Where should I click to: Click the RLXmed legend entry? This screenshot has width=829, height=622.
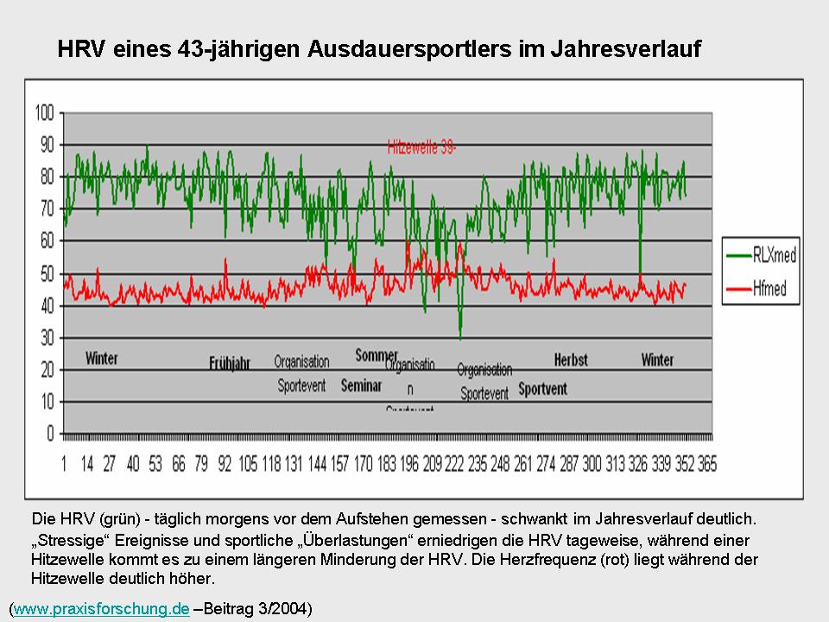coord(774,255)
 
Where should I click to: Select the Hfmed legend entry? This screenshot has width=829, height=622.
coord(768,289)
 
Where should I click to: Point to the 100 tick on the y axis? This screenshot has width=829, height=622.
coord(44,112)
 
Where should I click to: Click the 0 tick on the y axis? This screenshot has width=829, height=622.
coord(50,434)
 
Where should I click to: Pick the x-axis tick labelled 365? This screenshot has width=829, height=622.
coord(706,465)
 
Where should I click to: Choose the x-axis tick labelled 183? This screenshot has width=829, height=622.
coord(387,465)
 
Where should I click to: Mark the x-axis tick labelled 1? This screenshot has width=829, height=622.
coord(64,465)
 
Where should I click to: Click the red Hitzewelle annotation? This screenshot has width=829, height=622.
coord(421,148)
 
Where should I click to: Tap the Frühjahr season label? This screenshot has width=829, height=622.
coord(230,364)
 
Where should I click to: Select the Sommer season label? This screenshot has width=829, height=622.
coord(377,355)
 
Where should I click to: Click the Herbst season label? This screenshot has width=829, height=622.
coord(571,359)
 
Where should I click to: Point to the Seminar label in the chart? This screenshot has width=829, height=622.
coord(361,386)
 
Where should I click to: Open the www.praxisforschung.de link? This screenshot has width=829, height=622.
coord(101,609)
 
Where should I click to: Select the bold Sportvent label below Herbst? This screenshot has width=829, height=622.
coord(542,389)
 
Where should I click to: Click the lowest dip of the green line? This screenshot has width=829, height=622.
coord(460,338)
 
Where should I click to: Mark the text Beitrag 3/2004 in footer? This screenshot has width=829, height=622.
coord(257,609)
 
